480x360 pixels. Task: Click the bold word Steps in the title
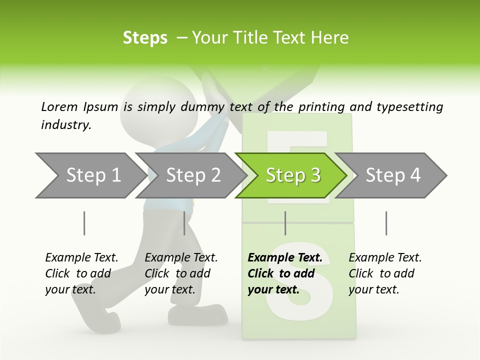145,38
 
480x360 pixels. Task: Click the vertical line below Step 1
84,223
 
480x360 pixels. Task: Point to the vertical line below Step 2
184,223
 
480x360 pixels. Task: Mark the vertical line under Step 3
285,223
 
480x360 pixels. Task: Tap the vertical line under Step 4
386,223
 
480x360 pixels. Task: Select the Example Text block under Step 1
81,273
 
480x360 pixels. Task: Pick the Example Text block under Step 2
181,273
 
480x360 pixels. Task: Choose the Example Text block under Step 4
385,273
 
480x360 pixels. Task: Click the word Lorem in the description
59,107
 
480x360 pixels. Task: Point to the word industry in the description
66,125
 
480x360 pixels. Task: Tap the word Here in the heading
329,38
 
